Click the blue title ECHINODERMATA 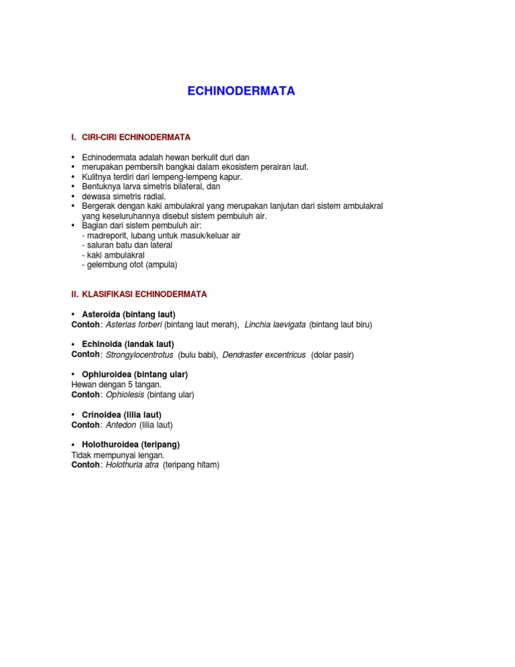pyautogui.click(x=241, y=91)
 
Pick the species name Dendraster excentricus pyautogui.click(x=264, y=354)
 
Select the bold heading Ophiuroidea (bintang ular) pyautogui.click(x=134, y=374)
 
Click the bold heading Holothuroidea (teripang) pyautogui.click(x=130, y=444)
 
